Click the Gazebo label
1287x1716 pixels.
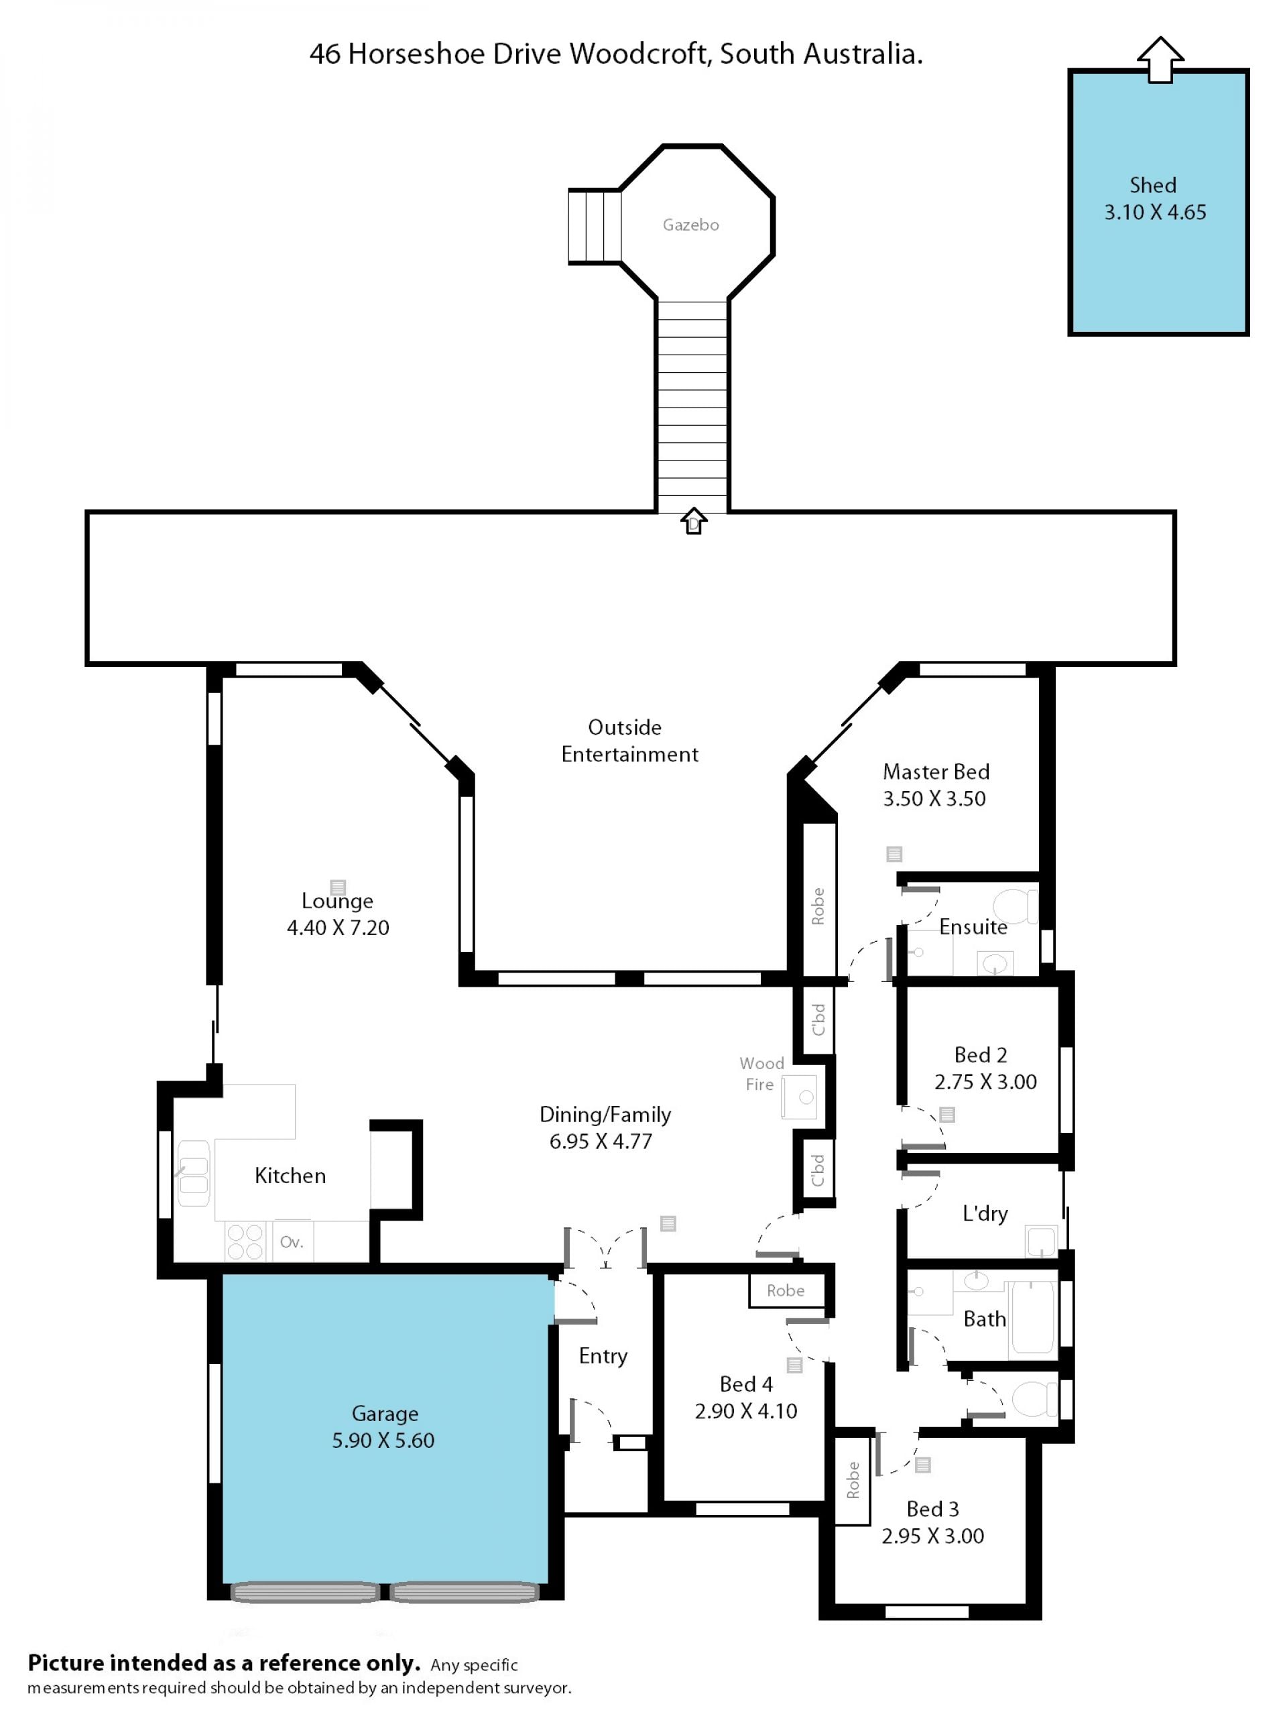pyautogui.click(x=690, y=225)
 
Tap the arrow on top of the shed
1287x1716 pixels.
pyautogui.click(x=1160, y=59)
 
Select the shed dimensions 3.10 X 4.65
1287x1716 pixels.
pyautogui.click(x=1155, y=212)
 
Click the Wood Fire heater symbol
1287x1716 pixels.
pyautogui.click(x=799, y=1097)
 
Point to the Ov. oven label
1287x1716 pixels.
pyautogui.click(x=292, y=1242)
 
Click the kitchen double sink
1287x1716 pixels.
pyautogui.click(x=193, y=1173)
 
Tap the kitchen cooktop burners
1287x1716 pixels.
pyautogui.click(x=245, y=1241)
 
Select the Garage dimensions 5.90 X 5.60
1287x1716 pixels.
pyautogui.click(x=383, y=1441)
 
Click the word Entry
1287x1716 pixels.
pyautogui.click(x=603, y=1356)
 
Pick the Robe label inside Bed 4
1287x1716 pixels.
pyautogui.click(x=785, y=1291)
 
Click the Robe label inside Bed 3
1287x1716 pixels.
pyautogui.click(x=853, y=1480)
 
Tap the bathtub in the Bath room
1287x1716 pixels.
pyautogui.click(x=1032, y=1318)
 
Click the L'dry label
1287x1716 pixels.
pyautogui.click(x=985, y=1213)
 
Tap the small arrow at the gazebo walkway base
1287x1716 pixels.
pyautogui.click(x=694, y=521)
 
